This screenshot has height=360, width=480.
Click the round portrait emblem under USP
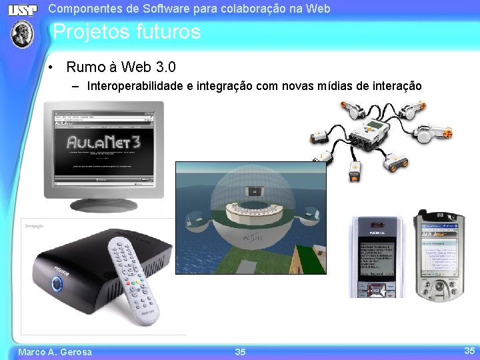23,33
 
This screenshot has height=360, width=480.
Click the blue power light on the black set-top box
57,285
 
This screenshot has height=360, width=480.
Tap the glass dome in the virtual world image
251,200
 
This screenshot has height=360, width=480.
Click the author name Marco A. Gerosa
55,352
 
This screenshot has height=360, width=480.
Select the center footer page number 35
240,352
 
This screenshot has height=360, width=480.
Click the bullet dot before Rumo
51,68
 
